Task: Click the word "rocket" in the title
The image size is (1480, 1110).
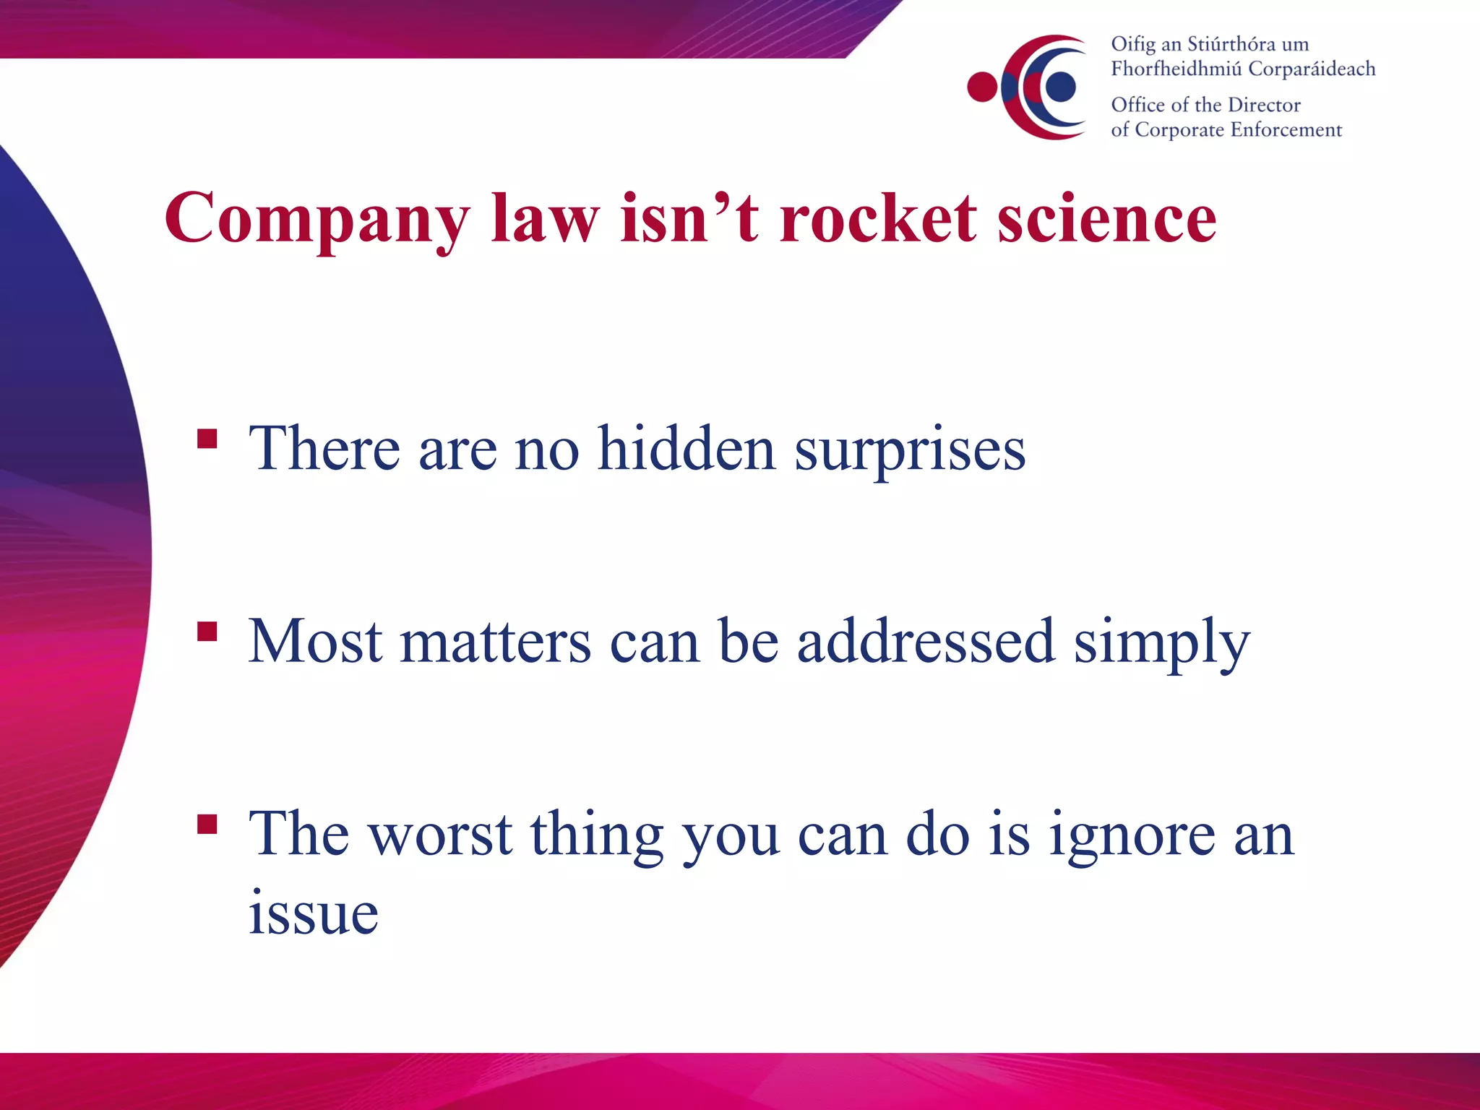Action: coord(878,218)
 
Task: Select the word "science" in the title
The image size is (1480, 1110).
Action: coord(1107,218)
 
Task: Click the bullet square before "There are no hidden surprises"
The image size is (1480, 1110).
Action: coord(207,439)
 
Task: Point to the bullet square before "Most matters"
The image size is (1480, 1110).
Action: coord(207,631)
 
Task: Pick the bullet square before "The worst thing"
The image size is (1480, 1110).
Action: coord(207,824)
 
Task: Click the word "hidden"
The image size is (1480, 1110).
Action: coord(687,449)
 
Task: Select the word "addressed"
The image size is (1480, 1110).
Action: coord(926,641)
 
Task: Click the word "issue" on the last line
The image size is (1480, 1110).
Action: coord(313,912)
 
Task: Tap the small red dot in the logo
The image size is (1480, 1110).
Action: coord(982,87)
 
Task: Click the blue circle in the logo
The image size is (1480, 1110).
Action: coord(1060,87)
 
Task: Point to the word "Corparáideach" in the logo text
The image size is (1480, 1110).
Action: coord(1312,69)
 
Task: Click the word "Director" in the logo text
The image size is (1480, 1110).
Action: coord(1264,105)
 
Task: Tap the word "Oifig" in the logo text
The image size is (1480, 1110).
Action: coord(1133,45)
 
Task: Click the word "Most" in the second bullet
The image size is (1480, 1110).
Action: coord(315,641)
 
